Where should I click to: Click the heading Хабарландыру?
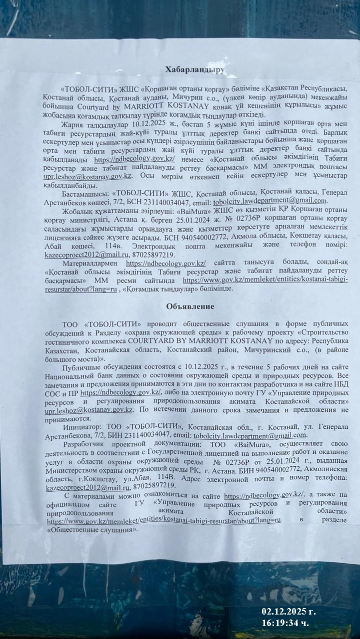[195, 70]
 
